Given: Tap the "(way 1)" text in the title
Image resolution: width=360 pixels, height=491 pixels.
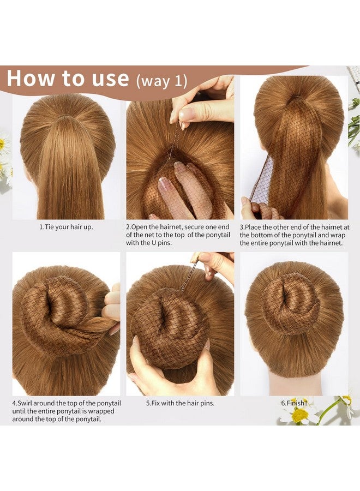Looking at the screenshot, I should pos(161,81).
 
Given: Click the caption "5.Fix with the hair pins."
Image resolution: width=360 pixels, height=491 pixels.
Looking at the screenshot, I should pos(179,403).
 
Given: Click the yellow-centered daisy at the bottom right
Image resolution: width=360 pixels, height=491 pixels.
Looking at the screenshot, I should pos(299,415).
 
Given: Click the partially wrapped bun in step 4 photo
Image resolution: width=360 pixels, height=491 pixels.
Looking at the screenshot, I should pos(55,316).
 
